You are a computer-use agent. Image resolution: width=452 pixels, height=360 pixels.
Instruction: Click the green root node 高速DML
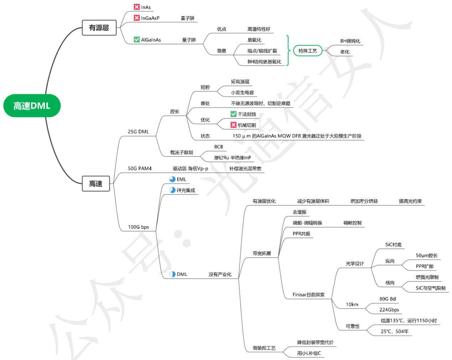[32, 106]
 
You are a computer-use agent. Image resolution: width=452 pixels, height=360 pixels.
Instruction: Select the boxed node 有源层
[99, 28]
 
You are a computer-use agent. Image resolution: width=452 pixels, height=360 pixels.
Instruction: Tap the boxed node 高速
[96, 184]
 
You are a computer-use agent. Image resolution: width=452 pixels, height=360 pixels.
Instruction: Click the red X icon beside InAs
[137, 7]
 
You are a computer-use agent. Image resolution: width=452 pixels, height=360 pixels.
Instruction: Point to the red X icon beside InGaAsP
[137, 18]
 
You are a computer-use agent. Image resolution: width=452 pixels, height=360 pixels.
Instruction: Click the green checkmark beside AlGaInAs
[137, 40]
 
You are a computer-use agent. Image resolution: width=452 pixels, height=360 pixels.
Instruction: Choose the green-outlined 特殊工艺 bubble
[308, 51]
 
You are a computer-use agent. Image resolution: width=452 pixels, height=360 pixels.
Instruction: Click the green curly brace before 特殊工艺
[288, 51]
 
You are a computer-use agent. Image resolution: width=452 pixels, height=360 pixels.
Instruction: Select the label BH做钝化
[350, 41]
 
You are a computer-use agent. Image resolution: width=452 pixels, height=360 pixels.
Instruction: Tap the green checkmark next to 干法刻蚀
[233, 114]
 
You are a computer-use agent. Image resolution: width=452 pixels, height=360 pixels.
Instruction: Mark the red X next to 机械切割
[233, 125]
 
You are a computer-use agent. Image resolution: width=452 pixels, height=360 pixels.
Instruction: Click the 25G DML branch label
[138, 132]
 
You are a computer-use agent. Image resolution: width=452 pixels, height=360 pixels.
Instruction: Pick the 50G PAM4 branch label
[140, 168]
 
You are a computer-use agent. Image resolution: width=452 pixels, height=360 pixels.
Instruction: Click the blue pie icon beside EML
[173, 179]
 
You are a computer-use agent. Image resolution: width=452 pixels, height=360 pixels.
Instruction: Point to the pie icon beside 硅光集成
[173, 190]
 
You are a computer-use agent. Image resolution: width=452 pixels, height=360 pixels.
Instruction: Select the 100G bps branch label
[138, 227]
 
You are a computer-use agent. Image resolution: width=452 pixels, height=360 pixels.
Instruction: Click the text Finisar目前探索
[309, 295]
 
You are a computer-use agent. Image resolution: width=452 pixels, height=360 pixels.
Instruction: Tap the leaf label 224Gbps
[389, 310]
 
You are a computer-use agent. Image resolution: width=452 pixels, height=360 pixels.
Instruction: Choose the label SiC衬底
[394, 245]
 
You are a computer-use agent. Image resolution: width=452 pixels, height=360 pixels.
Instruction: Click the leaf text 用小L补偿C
[309, 353]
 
